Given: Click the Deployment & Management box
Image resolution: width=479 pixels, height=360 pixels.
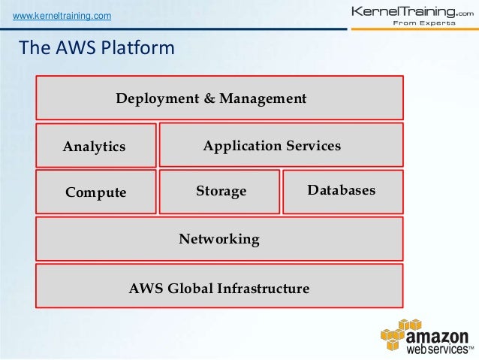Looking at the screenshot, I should tap(219, 98).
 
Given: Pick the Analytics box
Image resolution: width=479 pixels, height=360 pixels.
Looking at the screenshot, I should tap(96, 145).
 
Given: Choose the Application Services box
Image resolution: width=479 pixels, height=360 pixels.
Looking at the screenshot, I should tap(282, 144).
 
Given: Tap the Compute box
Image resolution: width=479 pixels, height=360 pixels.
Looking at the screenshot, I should tap(96, 192).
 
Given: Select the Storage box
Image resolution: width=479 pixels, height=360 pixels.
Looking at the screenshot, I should tap(219, 192).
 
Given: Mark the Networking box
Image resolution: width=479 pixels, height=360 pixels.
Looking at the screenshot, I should tap(219, 240).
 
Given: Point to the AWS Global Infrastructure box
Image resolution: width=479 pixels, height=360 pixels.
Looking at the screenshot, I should tap(219, 287).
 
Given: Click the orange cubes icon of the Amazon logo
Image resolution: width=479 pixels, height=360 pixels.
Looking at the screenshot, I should tap(398, 334).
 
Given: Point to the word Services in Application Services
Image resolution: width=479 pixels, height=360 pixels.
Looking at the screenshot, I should tap(309, 146).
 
